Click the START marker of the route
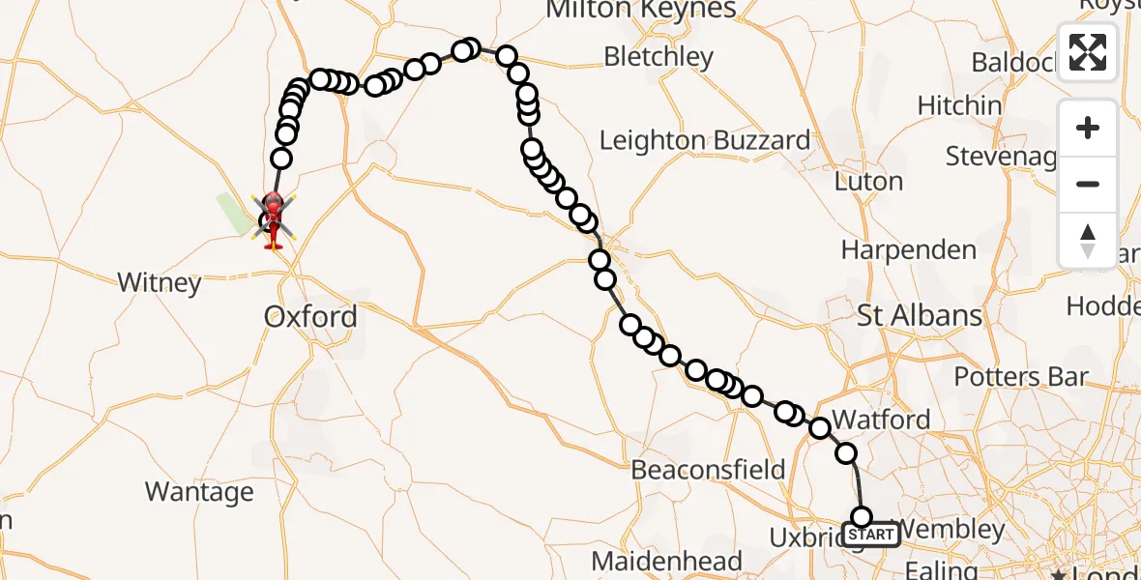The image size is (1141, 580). point(871,534)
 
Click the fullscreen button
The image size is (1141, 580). point(1088,52)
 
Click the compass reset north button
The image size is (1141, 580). point(1088,240)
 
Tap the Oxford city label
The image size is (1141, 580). point(310,316)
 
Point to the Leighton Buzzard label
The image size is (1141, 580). point(705,140)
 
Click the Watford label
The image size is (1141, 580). point(881,420)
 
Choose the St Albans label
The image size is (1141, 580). point(920,315)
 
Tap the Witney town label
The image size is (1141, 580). point(160,283)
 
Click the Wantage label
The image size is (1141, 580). point(199,492)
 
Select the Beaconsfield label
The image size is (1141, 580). point(708,471)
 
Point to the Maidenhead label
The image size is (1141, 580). point(666,561)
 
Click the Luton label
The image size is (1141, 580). point(869,182)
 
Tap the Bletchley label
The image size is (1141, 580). point(658,57)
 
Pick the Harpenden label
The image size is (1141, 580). point(908,250)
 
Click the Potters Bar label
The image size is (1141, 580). point(1021,377)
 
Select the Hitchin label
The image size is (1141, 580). point(959,105)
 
